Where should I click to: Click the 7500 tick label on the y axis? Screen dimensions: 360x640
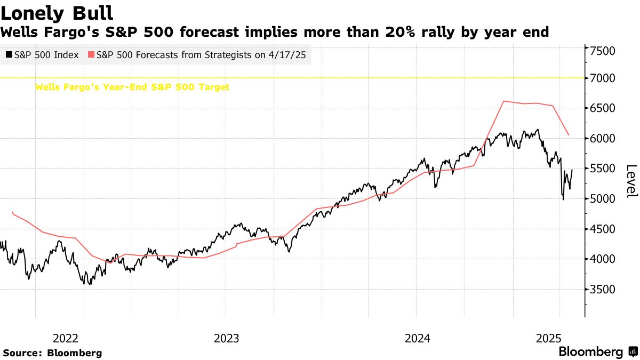coord(603,51)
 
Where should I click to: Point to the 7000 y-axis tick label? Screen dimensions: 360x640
coord(603,78)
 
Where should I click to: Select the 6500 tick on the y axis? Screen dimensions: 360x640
coord(603,108)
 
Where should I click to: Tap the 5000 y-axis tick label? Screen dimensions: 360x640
coord(603,199)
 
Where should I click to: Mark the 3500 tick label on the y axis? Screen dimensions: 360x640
coord(603,290)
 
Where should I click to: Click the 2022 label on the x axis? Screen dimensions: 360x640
coord(66,338)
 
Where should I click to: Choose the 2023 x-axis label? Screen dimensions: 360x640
coord(227,338)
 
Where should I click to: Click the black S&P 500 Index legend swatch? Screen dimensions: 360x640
coord(9,55)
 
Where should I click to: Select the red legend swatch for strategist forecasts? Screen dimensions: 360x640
coord(91,55)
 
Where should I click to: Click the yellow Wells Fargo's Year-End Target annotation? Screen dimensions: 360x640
coord(132,87)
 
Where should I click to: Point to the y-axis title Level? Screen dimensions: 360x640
coord(631,181)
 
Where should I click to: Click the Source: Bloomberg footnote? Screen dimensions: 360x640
coord(52,353)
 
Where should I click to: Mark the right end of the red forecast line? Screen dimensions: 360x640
coord(569,135)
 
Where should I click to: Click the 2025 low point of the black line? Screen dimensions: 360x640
coord(564,199)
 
